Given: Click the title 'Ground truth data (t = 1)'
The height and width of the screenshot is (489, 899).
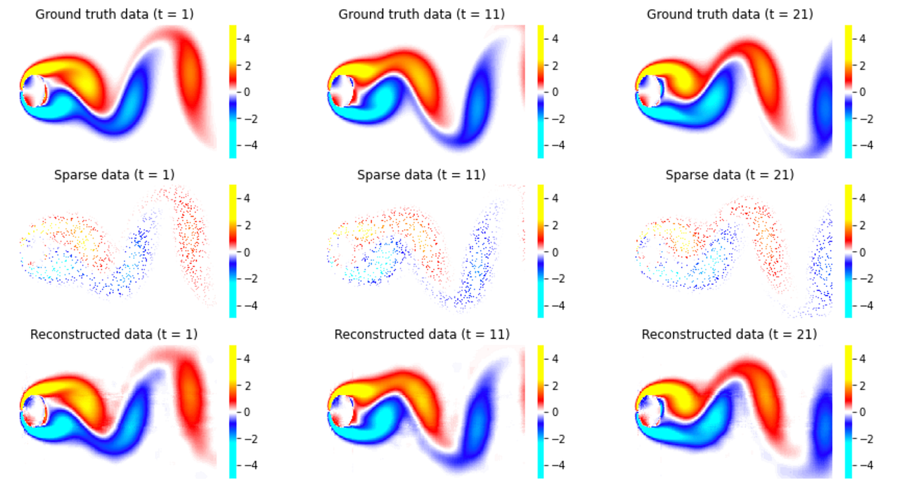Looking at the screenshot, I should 114,14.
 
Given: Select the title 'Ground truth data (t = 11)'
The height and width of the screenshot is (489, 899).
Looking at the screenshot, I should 422,14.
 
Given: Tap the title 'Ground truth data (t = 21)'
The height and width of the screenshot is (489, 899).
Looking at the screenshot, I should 730,14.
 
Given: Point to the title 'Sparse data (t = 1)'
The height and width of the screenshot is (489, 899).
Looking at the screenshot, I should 114,175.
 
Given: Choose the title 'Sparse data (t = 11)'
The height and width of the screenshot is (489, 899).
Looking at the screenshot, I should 422,175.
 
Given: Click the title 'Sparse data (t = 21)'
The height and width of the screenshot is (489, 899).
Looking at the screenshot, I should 730,175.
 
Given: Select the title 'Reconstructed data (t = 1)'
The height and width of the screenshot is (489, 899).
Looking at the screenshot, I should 114,335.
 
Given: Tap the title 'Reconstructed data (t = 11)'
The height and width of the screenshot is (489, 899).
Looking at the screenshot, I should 422,335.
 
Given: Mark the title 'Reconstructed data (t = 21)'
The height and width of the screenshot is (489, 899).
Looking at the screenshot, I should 730,335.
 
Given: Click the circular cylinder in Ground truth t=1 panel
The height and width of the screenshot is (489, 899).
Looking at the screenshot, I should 34,91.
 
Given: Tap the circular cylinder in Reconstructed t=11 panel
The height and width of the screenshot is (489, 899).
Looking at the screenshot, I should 342,411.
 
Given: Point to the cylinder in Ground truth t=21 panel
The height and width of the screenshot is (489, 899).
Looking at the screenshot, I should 649,91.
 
